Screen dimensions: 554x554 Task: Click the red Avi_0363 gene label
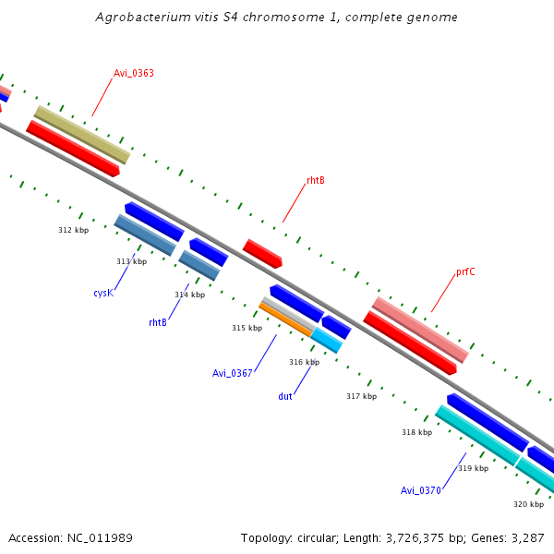(133, 73)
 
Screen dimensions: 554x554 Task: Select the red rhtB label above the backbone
(315, 180)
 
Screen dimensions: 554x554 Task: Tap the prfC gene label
(465, 272)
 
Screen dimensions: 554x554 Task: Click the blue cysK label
(102, 293)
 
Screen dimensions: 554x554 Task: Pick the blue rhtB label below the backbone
(158, 322)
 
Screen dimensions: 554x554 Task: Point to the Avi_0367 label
(232, 373)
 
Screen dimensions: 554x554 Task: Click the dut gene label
(285, 396)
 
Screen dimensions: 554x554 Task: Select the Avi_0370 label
(420, 490)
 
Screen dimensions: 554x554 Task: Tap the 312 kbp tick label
(73, 230)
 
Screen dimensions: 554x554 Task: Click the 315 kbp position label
(247, 328)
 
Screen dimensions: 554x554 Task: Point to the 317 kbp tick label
(361, 396)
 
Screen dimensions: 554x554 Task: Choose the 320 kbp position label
(528, 504)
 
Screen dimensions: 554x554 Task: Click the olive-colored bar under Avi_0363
(82, 135)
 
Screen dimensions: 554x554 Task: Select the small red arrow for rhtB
(262, 253)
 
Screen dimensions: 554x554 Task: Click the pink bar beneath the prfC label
(420, 330)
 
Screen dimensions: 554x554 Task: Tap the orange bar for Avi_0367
(285, 319)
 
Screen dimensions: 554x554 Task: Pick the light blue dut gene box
(327, 340)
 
